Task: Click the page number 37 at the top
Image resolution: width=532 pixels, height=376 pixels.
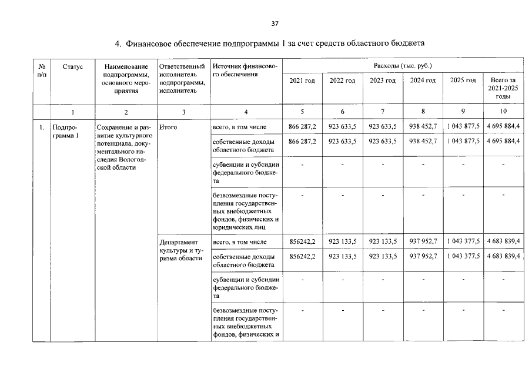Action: pos(275,24)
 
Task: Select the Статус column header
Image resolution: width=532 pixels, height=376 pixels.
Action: pos(72,66)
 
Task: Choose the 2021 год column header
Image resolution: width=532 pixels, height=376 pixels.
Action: pos(302,80)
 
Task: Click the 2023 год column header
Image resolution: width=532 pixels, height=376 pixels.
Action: pos(382,80)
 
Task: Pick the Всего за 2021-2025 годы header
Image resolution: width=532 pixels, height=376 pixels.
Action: pos(503,88)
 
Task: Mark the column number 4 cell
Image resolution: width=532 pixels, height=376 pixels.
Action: pos(246,112)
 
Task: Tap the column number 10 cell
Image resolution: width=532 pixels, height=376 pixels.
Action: pos(503,112)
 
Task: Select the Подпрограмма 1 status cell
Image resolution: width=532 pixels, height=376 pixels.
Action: pos(65,132)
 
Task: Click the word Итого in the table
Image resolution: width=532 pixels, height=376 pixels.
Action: pos(168,127)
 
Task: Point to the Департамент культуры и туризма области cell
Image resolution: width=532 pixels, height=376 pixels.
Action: pos(181,250)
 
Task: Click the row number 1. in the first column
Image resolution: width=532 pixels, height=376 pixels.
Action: pos(41,127)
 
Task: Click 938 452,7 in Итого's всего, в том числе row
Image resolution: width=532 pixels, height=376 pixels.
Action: pos(423,127)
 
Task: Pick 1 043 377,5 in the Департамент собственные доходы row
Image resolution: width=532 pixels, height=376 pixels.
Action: pos(463,257)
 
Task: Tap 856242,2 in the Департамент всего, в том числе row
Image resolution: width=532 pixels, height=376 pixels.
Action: pos(302,241)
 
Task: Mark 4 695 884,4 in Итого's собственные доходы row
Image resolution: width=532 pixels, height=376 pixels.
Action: pos(503,142)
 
